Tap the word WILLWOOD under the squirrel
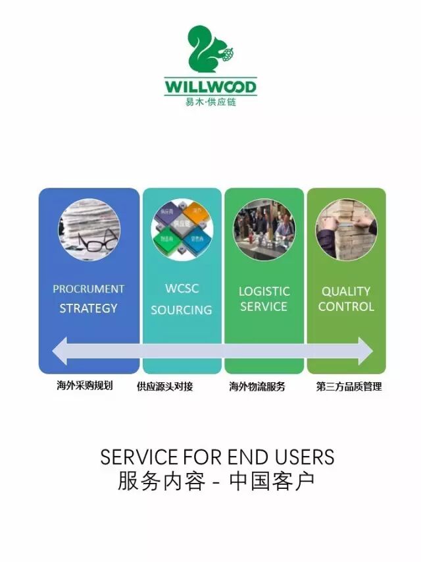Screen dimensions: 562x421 210,87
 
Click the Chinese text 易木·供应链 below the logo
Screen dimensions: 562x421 210,102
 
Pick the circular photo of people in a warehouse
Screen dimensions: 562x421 264,230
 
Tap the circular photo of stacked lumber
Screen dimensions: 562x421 346,230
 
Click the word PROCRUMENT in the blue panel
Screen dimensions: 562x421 89,289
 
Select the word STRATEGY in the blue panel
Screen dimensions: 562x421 89,308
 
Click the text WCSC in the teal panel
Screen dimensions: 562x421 182,289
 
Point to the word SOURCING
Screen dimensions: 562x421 182,310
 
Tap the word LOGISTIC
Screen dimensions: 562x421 264,291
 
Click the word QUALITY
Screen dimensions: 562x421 346,291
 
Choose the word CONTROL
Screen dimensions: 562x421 346,306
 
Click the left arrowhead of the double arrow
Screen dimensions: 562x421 61,350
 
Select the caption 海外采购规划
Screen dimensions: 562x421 84,385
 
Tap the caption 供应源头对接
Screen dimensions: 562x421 164,387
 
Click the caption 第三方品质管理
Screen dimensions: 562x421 349,387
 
